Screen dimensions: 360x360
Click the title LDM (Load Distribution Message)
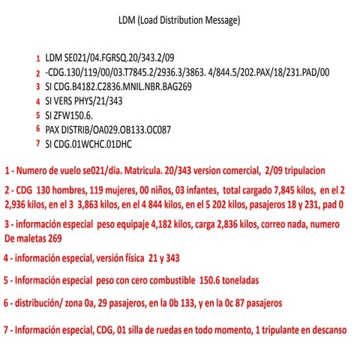pyautogui.click(x=179, y=21)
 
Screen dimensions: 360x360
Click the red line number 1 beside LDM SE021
pyautogui.click(x=37, y=58)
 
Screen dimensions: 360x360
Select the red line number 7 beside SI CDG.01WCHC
pyautogui.click(x=37, y=144)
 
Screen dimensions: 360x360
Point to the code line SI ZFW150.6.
pyautogui.click(x=69, y=115)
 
